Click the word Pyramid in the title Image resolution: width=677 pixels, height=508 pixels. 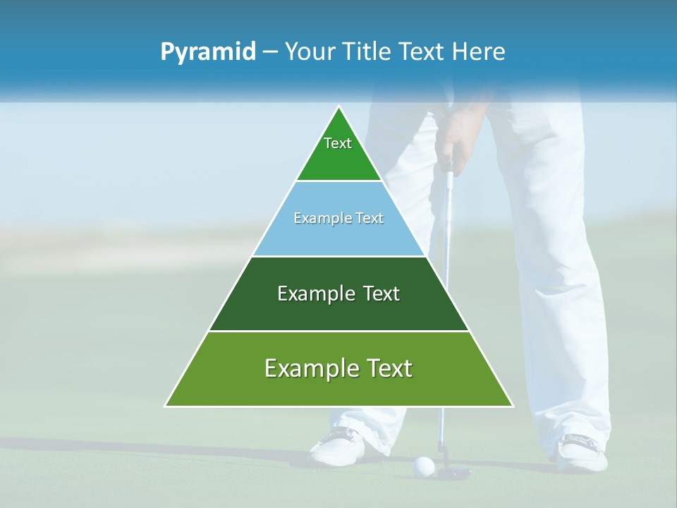pos(207,52)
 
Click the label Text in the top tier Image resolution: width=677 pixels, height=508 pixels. pos(338,143)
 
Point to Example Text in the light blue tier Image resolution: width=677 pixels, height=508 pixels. pos(338,218)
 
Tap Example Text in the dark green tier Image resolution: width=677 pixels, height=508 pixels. pos(338,294)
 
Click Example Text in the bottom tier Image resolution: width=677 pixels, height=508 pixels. pos(338,368)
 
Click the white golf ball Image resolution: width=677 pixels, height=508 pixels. pos(423,465)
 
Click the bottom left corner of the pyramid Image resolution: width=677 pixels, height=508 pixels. pos(165,406)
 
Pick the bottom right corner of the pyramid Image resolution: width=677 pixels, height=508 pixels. pos(513,406)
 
